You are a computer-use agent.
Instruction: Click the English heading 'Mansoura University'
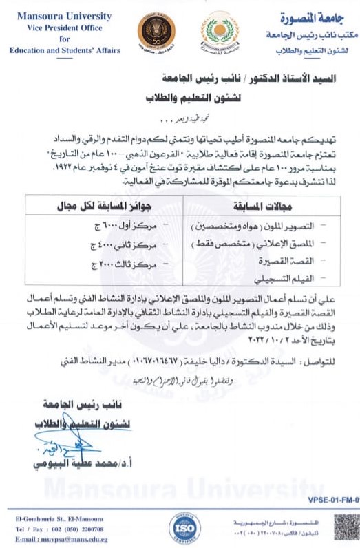[54, 16]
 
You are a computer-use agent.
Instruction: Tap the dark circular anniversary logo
[156, 32]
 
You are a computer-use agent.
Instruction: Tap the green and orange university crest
[221, 34]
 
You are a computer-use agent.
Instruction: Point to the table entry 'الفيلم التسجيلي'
[293, 279]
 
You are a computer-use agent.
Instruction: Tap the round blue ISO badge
[184, 527]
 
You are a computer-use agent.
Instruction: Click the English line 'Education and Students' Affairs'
[65, 50]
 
